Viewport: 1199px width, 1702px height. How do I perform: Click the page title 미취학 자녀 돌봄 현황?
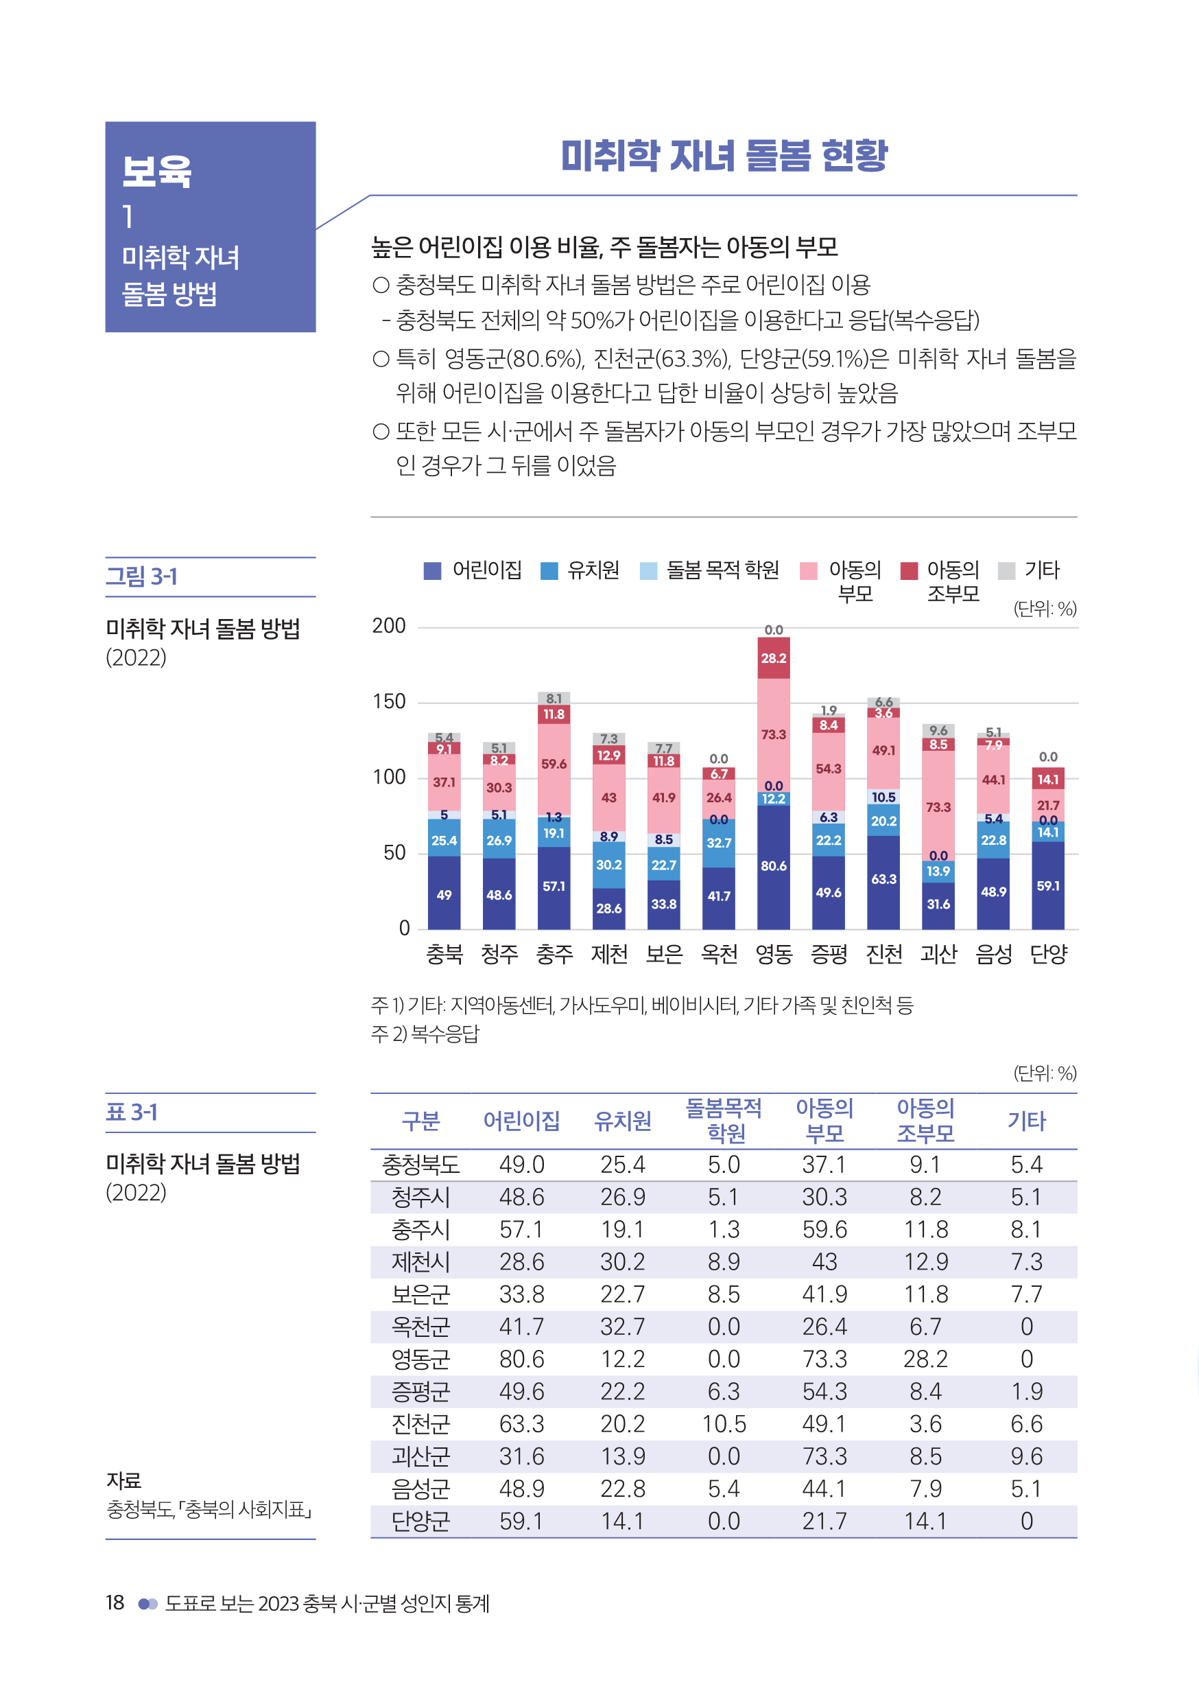[x=723, y=156]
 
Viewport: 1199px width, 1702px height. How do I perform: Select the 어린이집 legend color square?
[x=432, y=571]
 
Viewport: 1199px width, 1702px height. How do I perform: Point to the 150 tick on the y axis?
[x=389, y=701]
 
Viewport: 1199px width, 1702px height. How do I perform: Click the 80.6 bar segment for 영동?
[x=773, y=866]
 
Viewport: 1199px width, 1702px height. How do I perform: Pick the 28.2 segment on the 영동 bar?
[x=773, y=658]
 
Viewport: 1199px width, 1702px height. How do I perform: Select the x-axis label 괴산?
[x=938, y=953]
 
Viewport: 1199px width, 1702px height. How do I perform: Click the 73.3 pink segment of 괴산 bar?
[x=938, y=806]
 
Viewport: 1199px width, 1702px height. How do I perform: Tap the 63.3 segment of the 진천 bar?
[x=883, y=879]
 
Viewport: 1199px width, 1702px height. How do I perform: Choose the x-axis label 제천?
[x=608, y=953]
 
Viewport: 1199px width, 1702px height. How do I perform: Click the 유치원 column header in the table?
[x=622, y=1121]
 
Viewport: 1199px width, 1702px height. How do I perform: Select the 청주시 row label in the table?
[x=420, y=1197]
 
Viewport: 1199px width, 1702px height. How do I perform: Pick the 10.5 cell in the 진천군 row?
[x=723, y=1424]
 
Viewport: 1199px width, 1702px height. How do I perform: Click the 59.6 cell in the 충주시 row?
[x=824, y=1230]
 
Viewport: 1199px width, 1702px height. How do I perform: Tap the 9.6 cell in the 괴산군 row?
[x=1026, y=1456]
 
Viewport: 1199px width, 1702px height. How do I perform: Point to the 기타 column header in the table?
[x=1026, y=1121]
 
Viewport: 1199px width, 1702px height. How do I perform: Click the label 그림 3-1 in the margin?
[x=141, y=576]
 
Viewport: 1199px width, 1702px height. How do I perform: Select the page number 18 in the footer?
[x=115, y=1602]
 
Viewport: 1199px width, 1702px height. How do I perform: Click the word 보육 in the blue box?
[x=157, y=172]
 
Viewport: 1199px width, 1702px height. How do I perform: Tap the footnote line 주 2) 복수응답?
[x=425, y=1034]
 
